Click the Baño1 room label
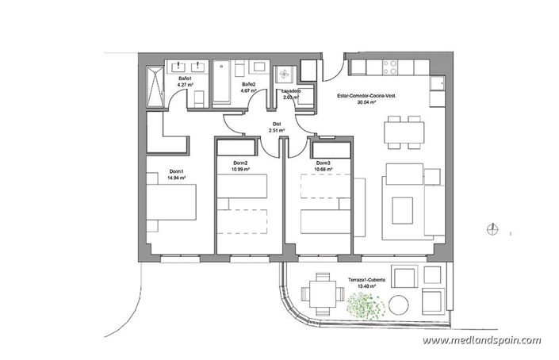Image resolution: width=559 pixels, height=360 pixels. (x=185, y=80)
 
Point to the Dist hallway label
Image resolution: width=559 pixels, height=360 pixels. (x=276, y=123)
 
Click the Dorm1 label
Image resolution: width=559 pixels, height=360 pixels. (x=176, y=172)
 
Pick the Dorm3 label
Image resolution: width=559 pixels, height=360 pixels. (x=322, y=163)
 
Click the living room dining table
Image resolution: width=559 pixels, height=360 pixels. (x=402, y=132)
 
